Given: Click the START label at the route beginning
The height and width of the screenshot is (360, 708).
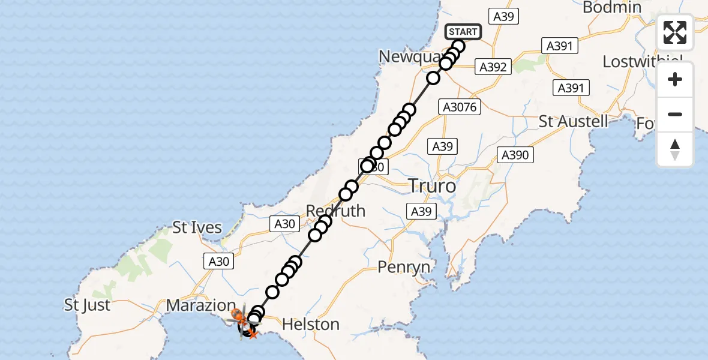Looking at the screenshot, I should (x=463, y=32).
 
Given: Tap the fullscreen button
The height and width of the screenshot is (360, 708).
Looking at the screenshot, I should (x=675, y=32).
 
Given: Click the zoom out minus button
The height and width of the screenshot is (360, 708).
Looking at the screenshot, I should (x=675, y=114).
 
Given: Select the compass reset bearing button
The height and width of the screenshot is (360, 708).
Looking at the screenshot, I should (x=675, y=149).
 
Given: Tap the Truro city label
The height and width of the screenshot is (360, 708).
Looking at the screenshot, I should (x=431, y=186).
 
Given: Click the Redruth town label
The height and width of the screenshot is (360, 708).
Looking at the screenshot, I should (x=335, y=211).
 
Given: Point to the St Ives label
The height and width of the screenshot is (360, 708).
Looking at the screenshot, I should (x=197, y=228).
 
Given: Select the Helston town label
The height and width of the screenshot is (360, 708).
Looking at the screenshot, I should (x=310, y=325).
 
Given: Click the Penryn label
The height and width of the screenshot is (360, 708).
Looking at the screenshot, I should (x=404, y=267).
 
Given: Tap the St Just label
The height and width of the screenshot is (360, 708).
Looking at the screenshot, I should (x=88, y=305).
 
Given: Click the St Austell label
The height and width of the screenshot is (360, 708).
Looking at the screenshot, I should (x=573, y=121).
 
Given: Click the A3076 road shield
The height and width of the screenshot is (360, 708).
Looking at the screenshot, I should (x=459, y=107).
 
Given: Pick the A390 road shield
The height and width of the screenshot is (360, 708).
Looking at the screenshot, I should (x=515, y=155).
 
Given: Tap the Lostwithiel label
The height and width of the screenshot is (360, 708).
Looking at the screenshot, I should (x=643, y=62).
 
